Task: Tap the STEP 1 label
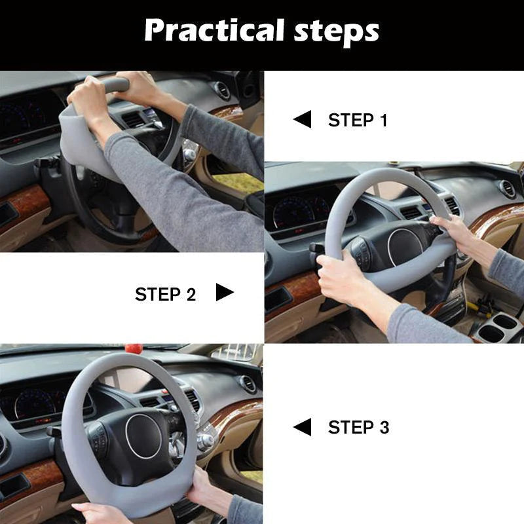[x=358, y=121]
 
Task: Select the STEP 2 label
[x=165, y=295]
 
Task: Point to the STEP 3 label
[x=358, y=428]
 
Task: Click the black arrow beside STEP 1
[x=302, y=119]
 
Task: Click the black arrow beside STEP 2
[x=225, y=293]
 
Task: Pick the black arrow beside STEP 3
[x=302, y=427]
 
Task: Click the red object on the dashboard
[x=134, y=348]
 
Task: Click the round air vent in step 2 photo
[x=507, y=189]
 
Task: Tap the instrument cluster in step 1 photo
[x=26, y=118]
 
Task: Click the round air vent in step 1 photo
[x=223, y=90]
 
